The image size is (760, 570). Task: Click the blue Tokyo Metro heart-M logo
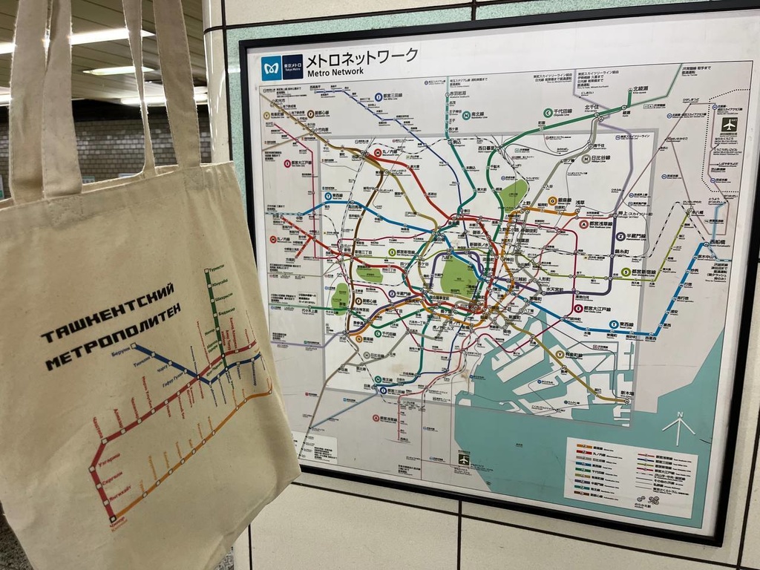click(272, 68)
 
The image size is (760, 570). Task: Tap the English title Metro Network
click(334, 72)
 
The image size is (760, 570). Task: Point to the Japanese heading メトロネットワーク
click(361, 56)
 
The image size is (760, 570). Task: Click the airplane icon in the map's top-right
click(729, 125)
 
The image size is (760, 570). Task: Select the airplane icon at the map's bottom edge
click(464, 459)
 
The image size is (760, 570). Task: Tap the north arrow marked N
click(678, 427)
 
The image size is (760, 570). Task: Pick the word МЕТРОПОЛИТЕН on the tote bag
click(113, 340)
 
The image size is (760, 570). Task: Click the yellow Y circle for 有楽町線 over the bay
click(560, 356)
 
